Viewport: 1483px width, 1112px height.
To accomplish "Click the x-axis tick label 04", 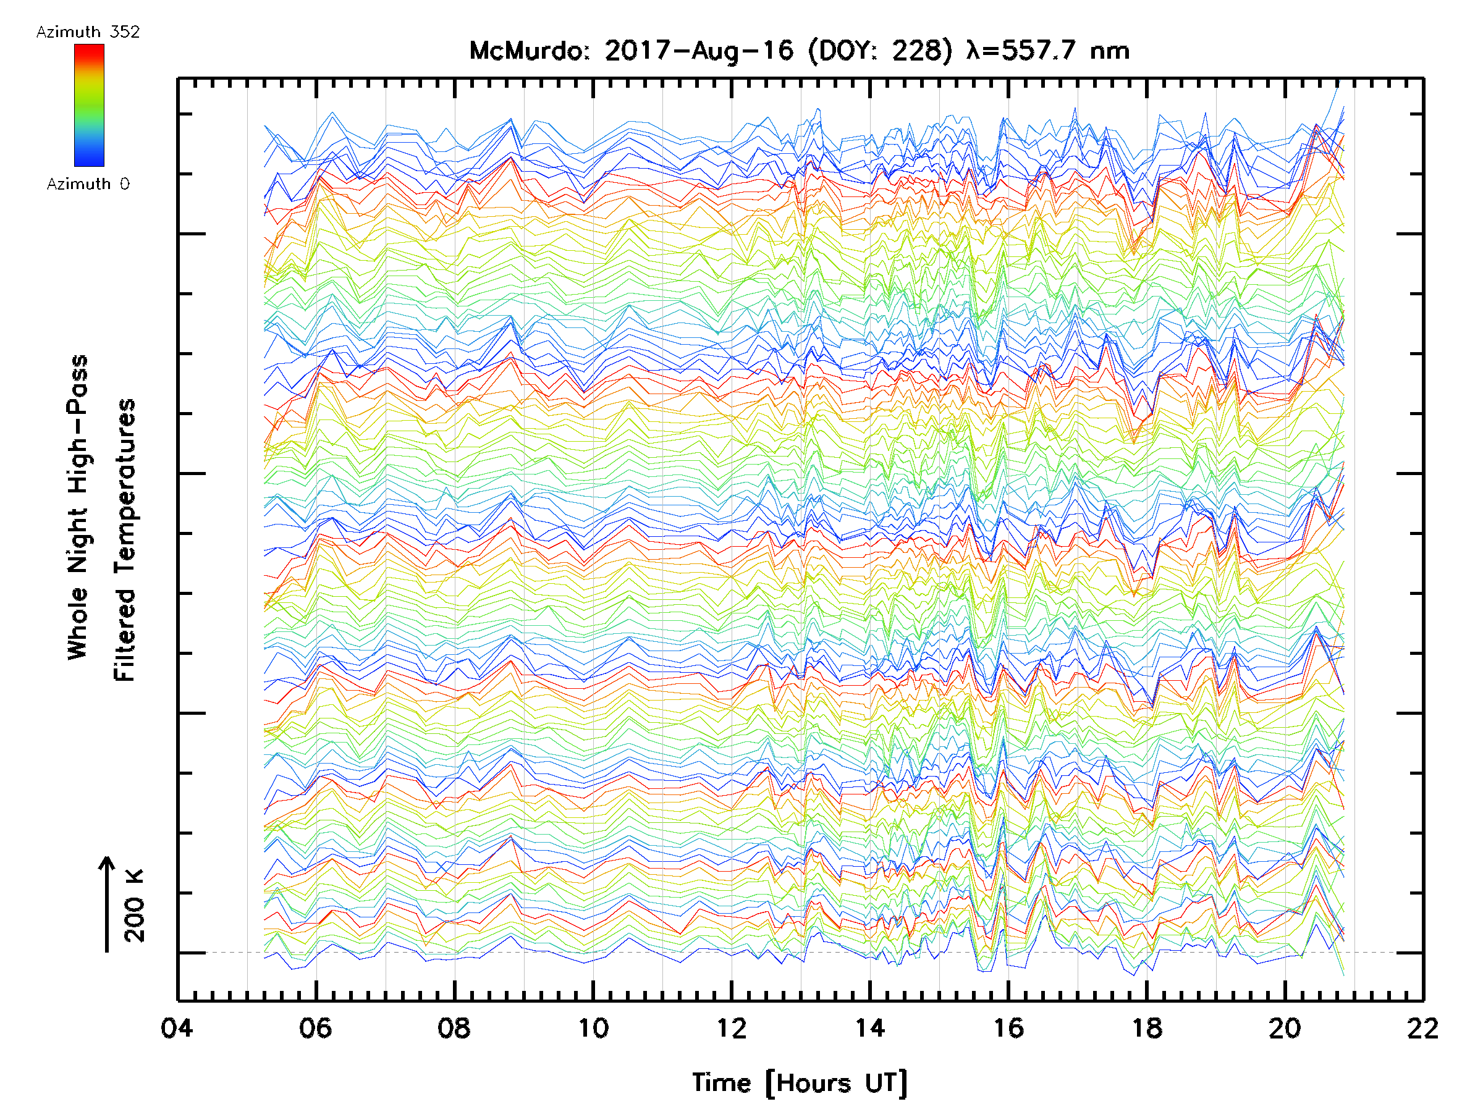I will click(177, 1028).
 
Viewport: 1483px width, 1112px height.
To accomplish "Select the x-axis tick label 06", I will click(316, 1028).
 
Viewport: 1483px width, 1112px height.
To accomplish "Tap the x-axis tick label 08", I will click(454, 1028).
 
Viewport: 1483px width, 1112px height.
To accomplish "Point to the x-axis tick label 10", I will click(593, 1028).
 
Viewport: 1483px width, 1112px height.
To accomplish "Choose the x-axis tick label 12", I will click(732, 1028).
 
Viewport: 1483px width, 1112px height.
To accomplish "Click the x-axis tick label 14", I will click(869, 1028).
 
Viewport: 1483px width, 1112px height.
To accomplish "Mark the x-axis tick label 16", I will click(1008, 1028).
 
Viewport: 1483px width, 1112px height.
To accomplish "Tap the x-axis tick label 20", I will click(1285, 1028).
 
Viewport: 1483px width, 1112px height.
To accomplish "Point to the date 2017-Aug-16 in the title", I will click(699, 51).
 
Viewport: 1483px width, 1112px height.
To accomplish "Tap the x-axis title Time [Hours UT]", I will click(800, 1083).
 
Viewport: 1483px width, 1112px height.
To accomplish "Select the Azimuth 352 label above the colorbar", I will click(88, 32).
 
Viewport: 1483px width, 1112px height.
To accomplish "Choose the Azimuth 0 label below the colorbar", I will click(88, 184).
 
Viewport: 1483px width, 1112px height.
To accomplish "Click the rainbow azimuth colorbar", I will click(89, 105).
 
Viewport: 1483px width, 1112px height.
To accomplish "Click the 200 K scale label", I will click(135, 906).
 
